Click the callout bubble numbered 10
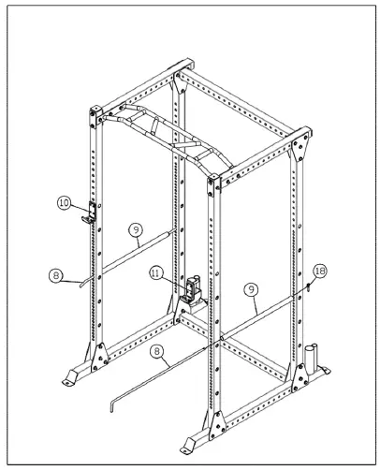pyautogui.click(x=64, y=201)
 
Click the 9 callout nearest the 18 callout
pyautogui.click(x=253, y=290)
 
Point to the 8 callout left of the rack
pyautogui.click(x=55, y=275)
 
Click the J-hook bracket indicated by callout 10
pyautogui.click(x=90, y=212)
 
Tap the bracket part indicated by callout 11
pyautogui.click(x=195, y=289)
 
